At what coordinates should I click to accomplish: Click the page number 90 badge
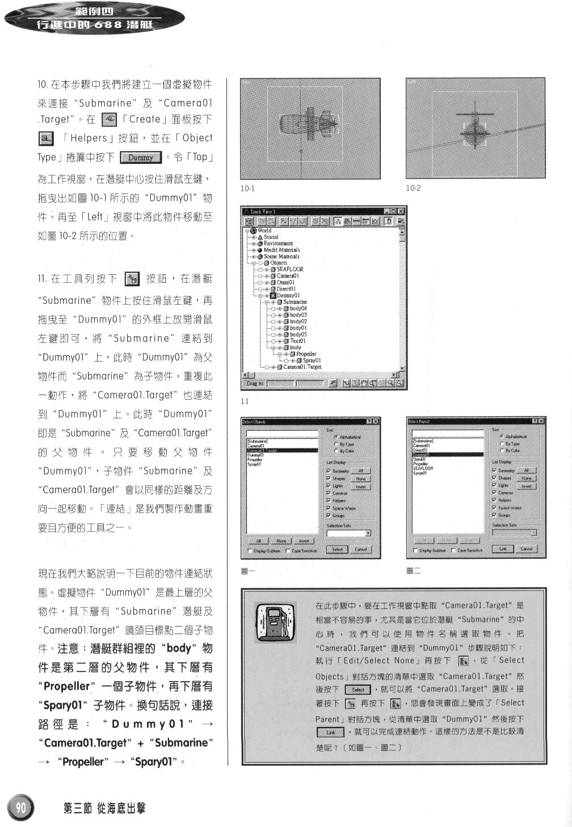20,807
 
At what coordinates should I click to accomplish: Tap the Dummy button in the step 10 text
141,157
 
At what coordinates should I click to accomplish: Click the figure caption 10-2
413,188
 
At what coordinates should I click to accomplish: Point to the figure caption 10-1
248,188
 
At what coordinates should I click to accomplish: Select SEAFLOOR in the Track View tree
289,269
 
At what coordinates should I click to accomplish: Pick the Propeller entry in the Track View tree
306,354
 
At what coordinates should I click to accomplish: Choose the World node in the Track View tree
264,230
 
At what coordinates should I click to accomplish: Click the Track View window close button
401,211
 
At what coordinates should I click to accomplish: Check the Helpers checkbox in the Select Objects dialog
329,501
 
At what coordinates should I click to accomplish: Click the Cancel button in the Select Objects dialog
361,549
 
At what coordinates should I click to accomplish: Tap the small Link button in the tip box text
331,732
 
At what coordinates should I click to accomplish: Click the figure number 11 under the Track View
245,401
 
